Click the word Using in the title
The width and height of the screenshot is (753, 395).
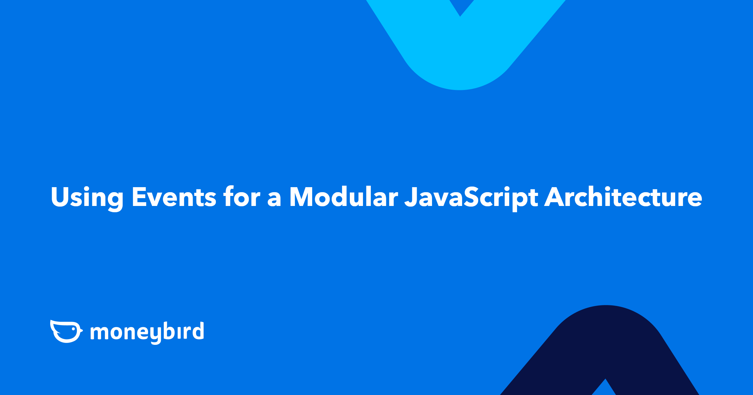coord(87,197)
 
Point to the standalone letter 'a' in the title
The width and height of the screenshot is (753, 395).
coord(274,199)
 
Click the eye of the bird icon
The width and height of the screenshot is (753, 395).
coord(73,329)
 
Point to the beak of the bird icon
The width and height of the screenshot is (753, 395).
coord(81,330)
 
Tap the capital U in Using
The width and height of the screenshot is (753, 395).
coord(60,197)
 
